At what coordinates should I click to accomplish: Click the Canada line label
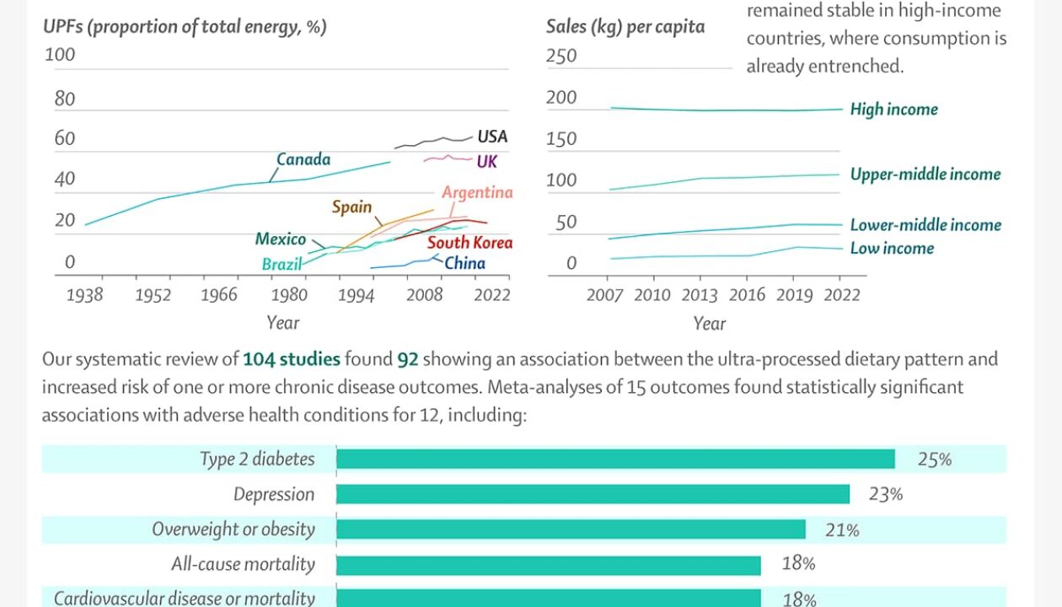pos(303,159)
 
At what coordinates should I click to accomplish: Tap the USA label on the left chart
pos(492,137)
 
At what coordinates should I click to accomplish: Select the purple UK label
pos(487,161)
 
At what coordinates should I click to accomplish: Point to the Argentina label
pos(477,192)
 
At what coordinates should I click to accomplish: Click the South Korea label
pos(469,243)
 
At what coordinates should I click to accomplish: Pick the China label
pos(465,263)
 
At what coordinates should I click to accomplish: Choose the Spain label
pos(351,207)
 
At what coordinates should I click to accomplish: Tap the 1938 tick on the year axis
pos(84,295)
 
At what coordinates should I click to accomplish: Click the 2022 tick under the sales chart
pos(841,295)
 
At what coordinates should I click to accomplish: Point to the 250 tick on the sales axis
pos(561,56)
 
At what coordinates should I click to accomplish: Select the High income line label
pos(893,110)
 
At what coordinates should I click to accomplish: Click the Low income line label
pos(892,249)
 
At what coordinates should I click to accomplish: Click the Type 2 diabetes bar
pos(615,459)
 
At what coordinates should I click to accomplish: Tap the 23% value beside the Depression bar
pos(885,495)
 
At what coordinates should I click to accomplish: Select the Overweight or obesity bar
pos(571,529)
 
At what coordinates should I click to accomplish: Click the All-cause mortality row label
pos(243,564)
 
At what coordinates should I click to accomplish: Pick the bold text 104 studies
pos(292,360)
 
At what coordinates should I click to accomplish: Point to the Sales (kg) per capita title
pos(625,26)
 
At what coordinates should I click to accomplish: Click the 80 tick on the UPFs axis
pos(65,99)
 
